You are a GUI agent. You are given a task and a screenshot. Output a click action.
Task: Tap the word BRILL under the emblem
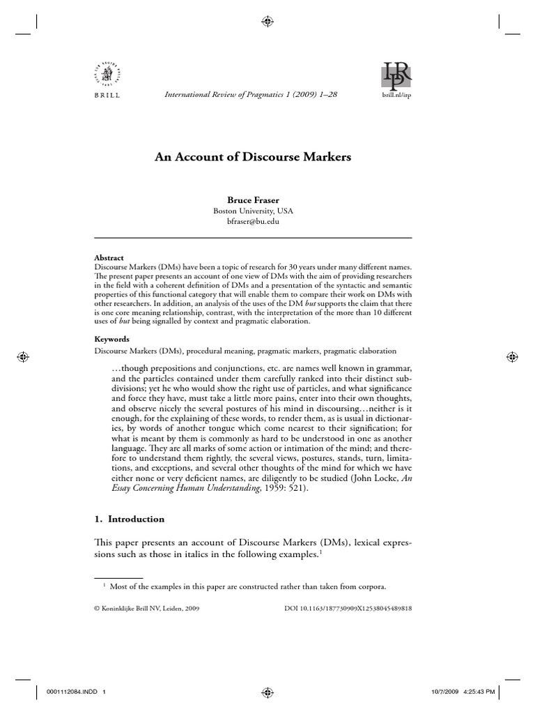pos(106,95)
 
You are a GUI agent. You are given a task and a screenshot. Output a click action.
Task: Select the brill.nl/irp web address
pos(397,96)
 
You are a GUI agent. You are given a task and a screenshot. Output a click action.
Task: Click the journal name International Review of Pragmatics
pos(237,95)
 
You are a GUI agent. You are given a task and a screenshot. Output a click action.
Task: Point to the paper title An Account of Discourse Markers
pos(252,158)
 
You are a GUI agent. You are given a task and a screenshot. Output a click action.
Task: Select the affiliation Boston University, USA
pos(252,211)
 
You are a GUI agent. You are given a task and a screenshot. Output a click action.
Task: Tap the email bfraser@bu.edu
pos(252,222)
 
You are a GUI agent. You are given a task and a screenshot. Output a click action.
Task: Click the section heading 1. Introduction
pos(129,519)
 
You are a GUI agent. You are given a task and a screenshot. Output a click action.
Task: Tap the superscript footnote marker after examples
pos(322,551)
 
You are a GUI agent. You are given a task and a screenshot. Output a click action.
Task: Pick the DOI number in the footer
pos(348,608)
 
